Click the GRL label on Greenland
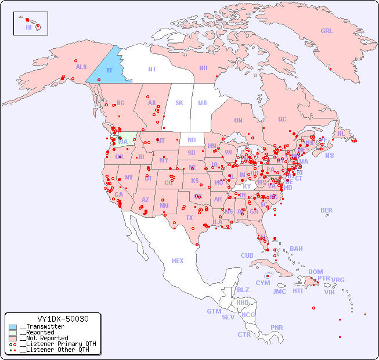(x=327, y=31)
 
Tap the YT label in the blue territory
(x=109, y=70)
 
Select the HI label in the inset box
(x=28, y=27)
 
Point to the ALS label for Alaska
(x=81, y=67)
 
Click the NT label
(x=151, y=69)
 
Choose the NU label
(x=203, y=68)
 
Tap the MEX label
(x=178, y=261)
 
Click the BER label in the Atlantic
(x=326, y=210)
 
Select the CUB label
(x=247, y=255)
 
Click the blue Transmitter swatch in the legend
(x=13, y=327)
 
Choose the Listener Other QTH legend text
(x=55, y=350)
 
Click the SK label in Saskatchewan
(x=179, y=103)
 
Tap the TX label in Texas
(x=189, y=218)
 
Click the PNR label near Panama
(x=277, y=327)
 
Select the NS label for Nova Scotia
(x=329, y=156)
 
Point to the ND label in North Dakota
(x=192, y=140)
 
